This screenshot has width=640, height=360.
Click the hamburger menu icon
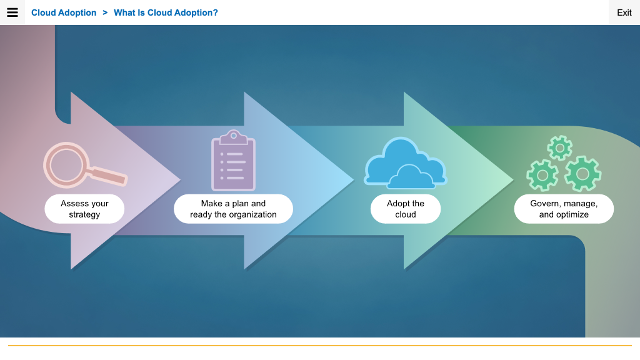coord(12,12)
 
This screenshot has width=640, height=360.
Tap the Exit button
coord(624,12)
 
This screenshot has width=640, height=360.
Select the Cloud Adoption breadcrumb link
coord(64,12)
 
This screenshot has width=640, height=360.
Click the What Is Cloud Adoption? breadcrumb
coord(166,12)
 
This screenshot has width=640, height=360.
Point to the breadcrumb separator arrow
coord(105,12)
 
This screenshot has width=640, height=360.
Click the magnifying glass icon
coord(85,165)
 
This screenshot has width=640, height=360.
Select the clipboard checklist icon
coord(234,161)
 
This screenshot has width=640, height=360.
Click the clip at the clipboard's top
coord(234,137)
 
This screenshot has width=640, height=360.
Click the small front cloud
coord(411,177)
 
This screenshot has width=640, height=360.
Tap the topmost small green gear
coord(559,147)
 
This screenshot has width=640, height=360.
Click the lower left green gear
coord(542,176)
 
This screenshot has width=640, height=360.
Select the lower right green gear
coord(582,174)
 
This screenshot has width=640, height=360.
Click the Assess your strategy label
coord(84,209)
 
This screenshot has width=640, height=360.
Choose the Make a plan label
coord(234,209)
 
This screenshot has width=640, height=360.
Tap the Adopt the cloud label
coord(406,209)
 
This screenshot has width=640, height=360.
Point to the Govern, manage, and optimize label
coord(564,209)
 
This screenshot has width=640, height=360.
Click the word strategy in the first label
coord(84,215)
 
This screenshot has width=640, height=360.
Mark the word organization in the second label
coord(252,215)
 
